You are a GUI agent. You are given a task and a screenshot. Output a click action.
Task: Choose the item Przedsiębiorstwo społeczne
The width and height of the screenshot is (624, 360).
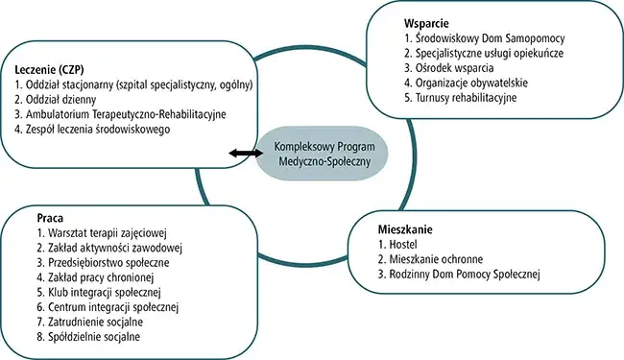(x=92, y=262)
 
